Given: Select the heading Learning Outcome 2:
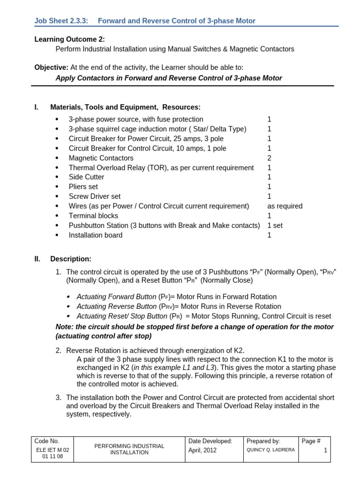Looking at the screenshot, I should click(x=69, y=39).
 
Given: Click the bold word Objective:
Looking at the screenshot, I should click(x=51, y=67).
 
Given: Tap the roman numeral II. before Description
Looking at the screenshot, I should click(x=37, y=259).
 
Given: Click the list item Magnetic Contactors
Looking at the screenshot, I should click(x=101, y=158).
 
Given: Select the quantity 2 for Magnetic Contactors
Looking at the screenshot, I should click(x=269, y=158).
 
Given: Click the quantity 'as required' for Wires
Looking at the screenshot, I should click(x=285, y=206).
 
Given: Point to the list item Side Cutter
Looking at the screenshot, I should click(x=86, y=177).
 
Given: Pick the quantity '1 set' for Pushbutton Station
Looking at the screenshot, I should click(x=275, y=225).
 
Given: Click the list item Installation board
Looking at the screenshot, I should click(x=95, y=235).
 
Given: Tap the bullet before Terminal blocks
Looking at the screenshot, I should click(x=58, y=216).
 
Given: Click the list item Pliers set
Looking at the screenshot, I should click(x=83, y=187).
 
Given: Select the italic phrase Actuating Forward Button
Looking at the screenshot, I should click(x=116, y=297).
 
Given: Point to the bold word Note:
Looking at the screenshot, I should click(x=65, y=327).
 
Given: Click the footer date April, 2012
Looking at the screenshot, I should click(x=203, y=450).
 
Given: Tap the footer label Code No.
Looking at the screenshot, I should click(x=47, y=441).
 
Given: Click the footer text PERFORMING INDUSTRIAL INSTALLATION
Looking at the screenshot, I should click(x=129, y=449).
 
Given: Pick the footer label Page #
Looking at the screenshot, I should click(x=311, y=441).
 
